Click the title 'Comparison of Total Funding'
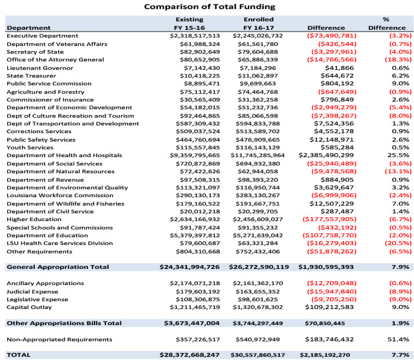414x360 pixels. point(210,6)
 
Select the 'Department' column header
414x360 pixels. point(28,28)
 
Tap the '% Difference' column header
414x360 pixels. point(387,24)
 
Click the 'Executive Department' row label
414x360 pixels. point(43,36)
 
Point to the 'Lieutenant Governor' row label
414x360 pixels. point(40,68)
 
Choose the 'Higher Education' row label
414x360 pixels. point(34,220)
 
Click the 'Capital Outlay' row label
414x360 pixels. point(29,307)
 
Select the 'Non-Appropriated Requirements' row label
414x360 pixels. point(60,339)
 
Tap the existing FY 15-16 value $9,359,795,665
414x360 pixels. point(195,155)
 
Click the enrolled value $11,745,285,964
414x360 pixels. point(257,155)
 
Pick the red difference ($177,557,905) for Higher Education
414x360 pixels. point(329,220)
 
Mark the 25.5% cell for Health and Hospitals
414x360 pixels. point(400,155)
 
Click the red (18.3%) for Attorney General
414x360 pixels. point(398,59)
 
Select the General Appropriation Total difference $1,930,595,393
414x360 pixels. point(326,267)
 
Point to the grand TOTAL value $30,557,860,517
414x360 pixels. point(257,355)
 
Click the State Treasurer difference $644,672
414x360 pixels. point(337,76)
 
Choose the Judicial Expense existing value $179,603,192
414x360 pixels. point(198,291)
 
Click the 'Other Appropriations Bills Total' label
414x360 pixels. point(64,323)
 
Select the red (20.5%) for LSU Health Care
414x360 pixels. point(398,243)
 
